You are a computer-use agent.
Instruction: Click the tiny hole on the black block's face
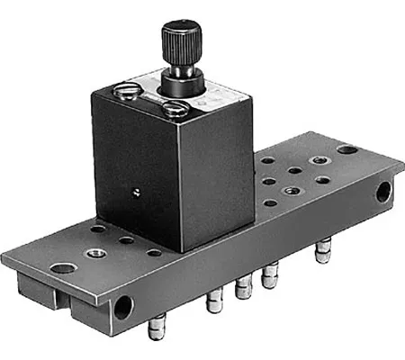pyautogui.click(x=136, y=191)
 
